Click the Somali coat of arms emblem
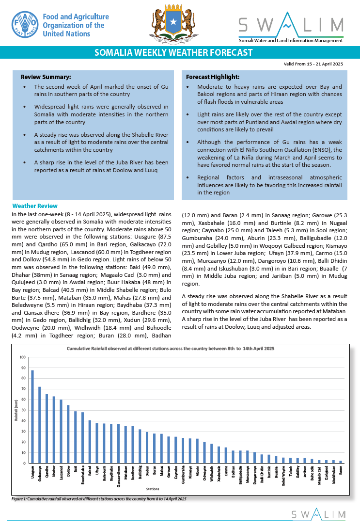tap(173, 24)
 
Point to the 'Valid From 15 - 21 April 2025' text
tap(313, 64)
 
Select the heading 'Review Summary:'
tap(46, 77)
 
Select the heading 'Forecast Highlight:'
tap(212, 77)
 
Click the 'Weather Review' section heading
tap(35, 206)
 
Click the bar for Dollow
tap(68, 434)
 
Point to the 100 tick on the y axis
tap(22, 357)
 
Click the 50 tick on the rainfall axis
tap(23, 410)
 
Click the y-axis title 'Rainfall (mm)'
tap(16, 410)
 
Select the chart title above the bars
tap(171, 349)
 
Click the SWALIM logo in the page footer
tap(318, 514)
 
